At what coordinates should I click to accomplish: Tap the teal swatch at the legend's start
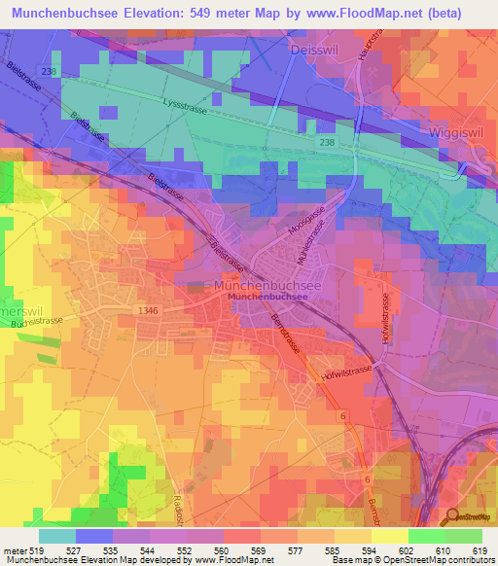click(x=56, y=535)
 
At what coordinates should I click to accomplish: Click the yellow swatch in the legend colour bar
click(x=389, y=535)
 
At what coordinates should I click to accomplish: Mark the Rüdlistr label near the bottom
click(x=179, y=509)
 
